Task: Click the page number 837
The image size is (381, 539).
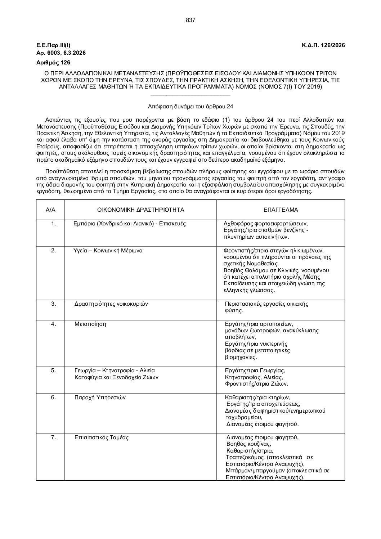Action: (x=190, y=20)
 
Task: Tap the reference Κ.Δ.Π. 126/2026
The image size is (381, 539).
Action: (x=323, y=45)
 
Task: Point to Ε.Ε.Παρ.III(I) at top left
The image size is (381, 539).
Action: (x=54, y=45)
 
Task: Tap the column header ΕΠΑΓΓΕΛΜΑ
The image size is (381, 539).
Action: (x=281, y=210)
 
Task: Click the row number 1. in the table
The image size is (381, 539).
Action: (x=54, y=224)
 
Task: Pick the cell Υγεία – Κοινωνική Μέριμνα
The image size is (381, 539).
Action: (x=108, y=251)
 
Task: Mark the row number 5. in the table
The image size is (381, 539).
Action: (x=54, y=370)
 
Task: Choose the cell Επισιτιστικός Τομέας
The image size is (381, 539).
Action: (x=102, y=438)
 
